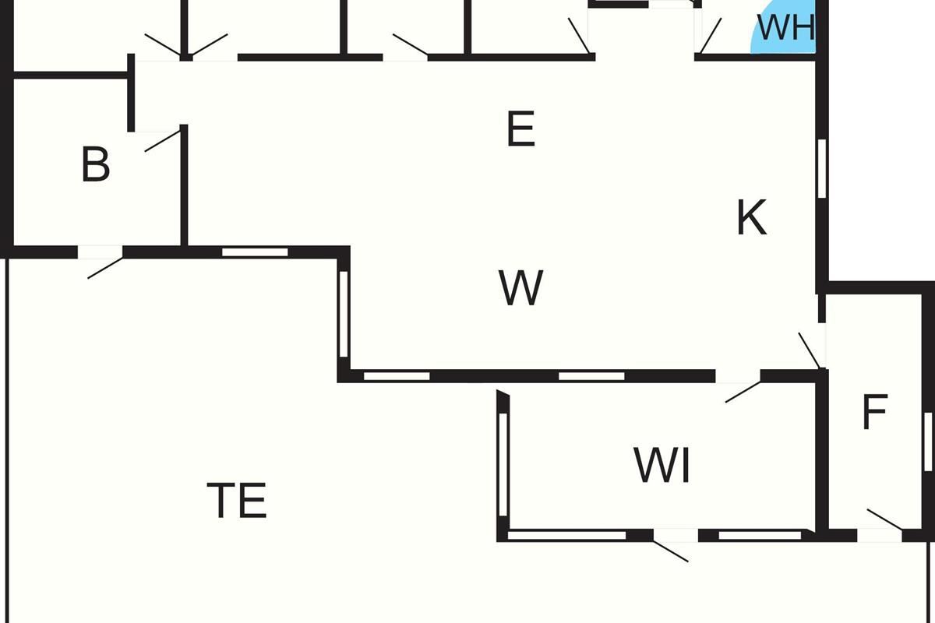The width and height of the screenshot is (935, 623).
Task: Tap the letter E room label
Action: coord(520,129)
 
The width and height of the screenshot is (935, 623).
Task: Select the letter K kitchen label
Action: coord(751,218)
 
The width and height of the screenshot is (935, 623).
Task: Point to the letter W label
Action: coord(520,288)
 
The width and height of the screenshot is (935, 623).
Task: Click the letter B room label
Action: coord(95,165)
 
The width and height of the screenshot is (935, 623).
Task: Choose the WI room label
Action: coord(662,466)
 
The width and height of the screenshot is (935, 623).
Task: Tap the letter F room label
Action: coord(874,413)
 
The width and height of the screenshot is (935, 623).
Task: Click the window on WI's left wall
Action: coord(503,464)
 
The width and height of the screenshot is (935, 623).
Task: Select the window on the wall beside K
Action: coord(822,167)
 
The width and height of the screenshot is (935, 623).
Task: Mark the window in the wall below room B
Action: coord(255,252)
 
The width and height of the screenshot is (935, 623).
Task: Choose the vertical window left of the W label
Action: coord(344,314)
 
